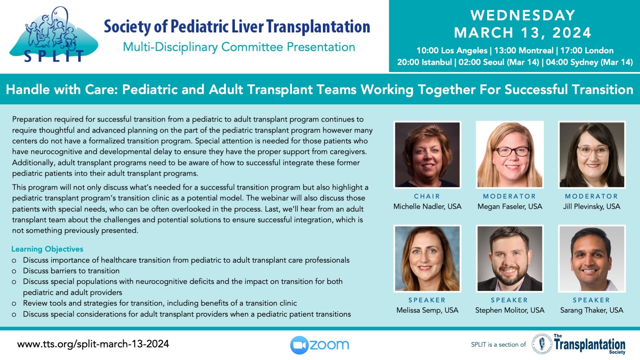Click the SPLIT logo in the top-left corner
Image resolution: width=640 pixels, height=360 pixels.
pos(53,35)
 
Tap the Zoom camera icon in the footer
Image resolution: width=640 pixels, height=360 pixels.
pos(299,345)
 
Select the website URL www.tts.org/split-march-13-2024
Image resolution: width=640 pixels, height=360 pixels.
pos(93,344)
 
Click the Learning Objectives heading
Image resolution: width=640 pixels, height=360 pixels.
pos(47,249)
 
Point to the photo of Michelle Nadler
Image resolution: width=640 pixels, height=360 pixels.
pos(427,155)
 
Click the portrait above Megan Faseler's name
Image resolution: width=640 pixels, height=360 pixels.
pos(510,155)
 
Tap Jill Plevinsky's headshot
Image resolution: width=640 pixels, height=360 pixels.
pos(592,155)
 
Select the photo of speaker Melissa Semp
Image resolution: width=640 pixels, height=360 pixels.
pos(427,259)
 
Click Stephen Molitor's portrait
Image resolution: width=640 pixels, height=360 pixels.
pos(510,259)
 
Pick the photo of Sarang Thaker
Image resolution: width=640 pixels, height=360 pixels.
pos(592,259)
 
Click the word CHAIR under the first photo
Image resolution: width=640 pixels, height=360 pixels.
pos(427,196)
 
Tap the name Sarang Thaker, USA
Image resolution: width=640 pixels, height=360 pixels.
pos(592,310)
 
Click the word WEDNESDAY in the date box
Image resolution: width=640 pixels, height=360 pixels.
pos(523,15)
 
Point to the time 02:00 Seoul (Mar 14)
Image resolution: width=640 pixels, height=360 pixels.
pos(499,62)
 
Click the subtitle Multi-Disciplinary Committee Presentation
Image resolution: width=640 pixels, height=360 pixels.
pos(239,47)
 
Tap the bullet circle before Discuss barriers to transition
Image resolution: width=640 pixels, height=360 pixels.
pos(14,271)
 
